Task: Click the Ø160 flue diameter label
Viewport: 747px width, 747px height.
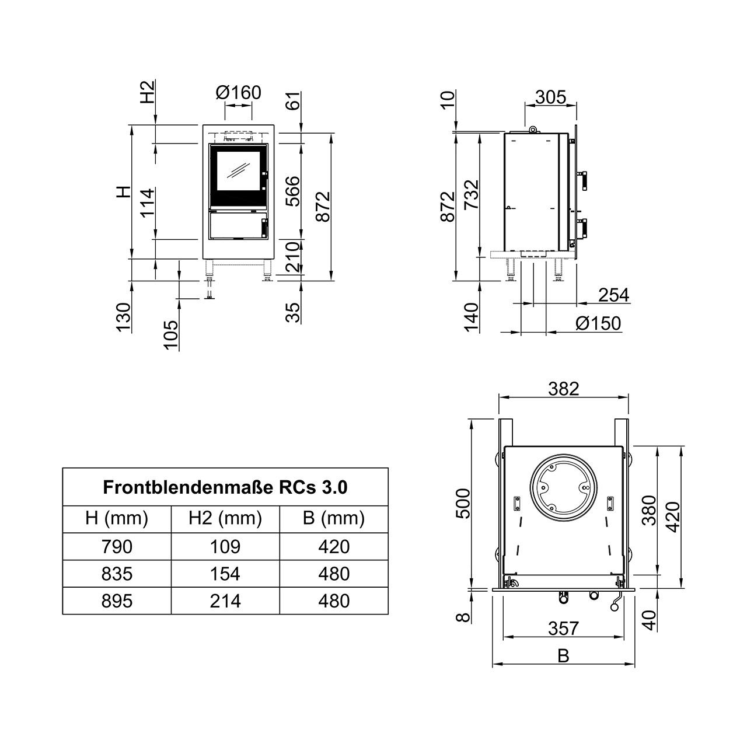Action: click(x=239, y=93)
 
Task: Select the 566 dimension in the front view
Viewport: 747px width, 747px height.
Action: click(x=293, y=191)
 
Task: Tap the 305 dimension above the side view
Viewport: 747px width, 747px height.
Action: click(x=550, y=97)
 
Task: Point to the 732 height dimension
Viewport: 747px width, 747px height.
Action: click(x=472, y=194)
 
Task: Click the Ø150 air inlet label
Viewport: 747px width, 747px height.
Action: click(x=598, y=323)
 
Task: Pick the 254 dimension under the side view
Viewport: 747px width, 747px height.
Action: click(x=613, y=295)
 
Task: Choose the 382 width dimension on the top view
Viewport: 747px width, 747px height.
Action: click(x=564, y=389)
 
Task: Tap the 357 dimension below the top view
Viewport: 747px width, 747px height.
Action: click(x=563, y=628)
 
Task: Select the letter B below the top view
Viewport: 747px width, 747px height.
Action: click(x=563, y=656)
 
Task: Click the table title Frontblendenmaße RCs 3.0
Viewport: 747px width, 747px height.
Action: click(x=225, y=487)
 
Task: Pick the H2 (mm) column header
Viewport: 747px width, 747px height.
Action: click(x=225, y=518)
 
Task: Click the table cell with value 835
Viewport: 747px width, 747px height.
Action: click(x=117, y=573)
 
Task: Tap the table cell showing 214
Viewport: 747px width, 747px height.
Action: click(x=225, y=601)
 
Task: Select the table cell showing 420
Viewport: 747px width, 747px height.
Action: click(x=334, y=546)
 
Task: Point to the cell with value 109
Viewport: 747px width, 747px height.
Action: click(x=225, y=546)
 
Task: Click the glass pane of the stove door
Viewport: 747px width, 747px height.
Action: click(x=238, y=170)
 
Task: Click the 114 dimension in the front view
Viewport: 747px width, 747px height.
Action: click(x=148, y=203)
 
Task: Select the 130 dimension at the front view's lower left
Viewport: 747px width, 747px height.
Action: click(x=124, y=317)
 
